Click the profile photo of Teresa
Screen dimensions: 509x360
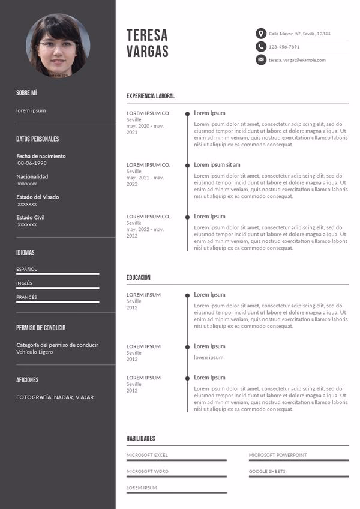click(58, 46)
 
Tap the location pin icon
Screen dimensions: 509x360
click(261, 34)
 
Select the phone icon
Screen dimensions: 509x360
click(261, 47)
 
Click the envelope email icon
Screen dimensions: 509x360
click(261, 60)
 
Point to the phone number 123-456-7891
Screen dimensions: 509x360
click(284, 47)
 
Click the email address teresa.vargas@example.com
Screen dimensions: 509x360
click(297, 60)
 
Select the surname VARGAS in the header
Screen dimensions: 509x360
click(148, 52)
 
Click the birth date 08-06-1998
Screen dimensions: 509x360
click(32, 163)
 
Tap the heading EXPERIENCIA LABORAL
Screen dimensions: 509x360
click(151, 96)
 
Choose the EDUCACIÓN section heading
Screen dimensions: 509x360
click(139, 277)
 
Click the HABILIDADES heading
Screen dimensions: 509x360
click(141, 439)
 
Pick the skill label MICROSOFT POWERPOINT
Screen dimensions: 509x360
click(278, 455)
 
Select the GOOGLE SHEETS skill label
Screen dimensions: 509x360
click(267, 471)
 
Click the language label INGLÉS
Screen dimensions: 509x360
click(24, 283)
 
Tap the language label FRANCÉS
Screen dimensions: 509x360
click(26, 297)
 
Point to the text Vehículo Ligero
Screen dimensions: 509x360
click(35, 352)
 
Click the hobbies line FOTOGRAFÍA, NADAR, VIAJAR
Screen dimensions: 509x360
click(55, 397)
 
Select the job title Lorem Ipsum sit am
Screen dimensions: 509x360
click(217, 165)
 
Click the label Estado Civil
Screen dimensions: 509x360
click(30, 217)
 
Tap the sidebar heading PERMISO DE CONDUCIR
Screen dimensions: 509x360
click(41, 328)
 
